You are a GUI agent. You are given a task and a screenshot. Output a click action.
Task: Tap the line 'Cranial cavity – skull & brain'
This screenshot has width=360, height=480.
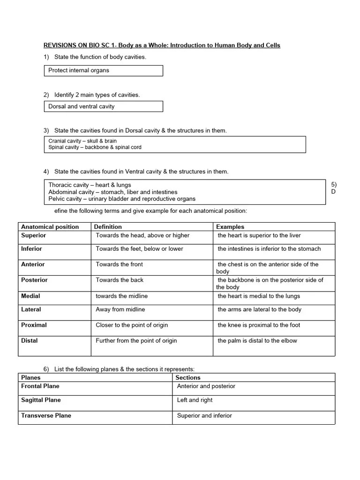pyautogui.click(x=82, y=141)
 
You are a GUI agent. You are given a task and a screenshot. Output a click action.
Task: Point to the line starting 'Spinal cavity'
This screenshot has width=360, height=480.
pyautogui.click(x=95, y=147)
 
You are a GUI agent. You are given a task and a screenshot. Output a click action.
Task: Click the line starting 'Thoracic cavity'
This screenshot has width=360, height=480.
pyautogui.click(x=90, y=185)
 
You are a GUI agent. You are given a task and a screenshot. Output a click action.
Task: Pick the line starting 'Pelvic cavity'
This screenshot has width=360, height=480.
pyautogui.click(x=122, y=199)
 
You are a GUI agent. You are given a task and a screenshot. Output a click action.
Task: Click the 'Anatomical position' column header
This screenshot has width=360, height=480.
pyautogui.click(x=50, y=227)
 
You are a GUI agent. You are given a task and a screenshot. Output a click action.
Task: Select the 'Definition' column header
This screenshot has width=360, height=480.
pyautogui.click(x=108, y=227)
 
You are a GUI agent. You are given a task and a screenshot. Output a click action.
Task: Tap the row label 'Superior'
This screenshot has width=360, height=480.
pyautogui.click(x=34, y=235)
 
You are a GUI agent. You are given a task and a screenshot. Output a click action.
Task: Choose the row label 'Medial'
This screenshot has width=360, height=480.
pyautogui.click(x=30, y=296)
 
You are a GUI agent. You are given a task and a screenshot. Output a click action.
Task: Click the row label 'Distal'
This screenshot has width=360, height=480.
pyautogui.click(x=29, y=341)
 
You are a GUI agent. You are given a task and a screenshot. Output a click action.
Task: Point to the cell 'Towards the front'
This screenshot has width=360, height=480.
pyautogui.click(x=120, y=264)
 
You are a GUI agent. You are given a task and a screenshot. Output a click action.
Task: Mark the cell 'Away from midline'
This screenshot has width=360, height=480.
pyautogui.click(x=120, y=309)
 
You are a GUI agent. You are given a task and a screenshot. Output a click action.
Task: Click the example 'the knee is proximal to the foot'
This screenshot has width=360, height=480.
pyautogui.click(x=259, y=325)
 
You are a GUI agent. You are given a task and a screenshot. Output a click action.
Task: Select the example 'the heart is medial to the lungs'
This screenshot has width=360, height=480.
pyautogui.click(x=259, y=296)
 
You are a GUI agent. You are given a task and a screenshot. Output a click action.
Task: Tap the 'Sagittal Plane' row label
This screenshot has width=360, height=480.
pyautogui.click(x=41, y=400)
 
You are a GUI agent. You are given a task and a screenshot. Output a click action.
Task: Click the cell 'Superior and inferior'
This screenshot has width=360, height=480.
pyautogui.click(x=204, y=416)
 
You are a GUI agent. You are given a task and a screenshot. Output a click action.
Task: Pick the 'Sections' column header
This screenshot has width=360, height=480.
pyautogui.click(x=188, y=378)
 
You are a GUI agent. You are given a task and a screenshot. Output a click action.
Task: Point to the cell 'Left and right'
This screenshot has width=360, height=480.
pyautogui.click(x=195, y=400)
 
